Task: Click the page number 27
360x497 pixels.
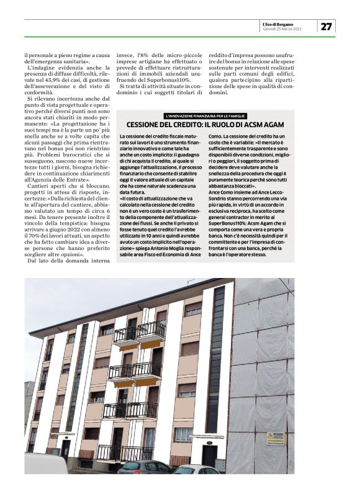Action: [x=326, y=26]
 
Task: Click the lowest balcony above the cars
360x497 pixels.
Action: [x=124, y=452]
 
